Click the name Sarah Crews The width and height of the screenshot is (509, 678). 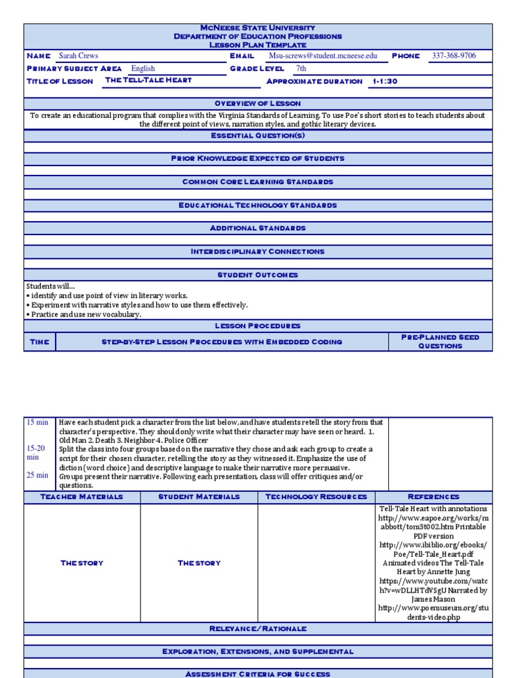click(x=78, y=56)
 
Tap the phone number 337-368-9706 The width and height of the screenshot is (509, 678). click(x=453, y=56)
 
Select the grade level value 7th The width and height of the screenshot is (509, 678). click(x=301, y=68)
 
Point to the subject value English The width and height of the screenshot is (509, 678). click(x=142, y=68)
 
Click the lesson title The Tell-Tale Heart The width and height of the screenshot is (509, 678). click(x=148, y=80)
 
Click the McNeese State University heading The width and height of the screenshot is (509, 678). click(x=258, y=28)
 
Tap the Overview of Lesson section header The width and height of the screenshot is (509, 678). click(x=258, y=104)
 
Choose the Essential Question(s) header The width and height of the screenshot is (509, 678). click(x=258, y=136)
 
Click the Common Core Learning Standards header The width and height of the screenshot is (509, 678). click(x=258, y=181)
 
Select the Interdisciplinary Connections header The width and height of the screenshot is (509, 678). click(x=258, y=252)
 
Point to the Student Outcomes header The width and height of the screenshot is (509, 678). click(x=258, y=275)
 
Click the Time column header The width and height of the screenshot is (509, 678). click(x=40, y=342)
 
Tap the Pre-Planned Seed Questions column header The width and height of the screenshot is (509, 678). click(x=440, y=342)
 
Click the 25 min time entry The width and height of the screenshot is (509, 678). click(x=37, y=475)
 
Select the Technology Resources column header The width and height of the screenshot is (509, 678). click(x=316, y=497)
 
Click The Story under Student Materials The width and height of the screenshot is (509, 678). click(x=199, y=563)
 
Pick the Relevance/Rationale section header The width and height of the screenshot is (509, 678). click(x=258, y=628)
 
